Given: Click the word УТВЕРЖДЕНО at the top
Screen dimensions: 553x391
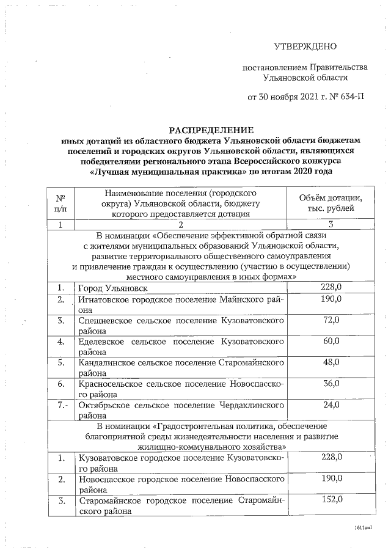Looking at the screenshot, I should coord(305,46).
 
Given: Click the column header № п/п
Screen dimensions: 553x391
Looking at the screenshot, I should coord(60,203).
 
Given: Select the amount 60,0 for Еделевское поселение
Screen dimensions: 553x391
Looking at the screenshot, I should coord(331,340).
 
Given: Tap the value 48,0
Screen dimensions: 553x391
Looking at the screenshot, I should coord(331,362).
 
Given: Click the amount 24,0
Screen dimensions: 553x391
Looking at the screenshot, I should coord(331,405).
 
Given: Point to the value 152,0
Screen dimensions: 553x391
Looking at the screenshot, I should coord(331,499).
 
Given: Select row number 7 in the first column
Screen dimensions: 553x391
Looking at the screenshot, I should coord(60,405).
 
